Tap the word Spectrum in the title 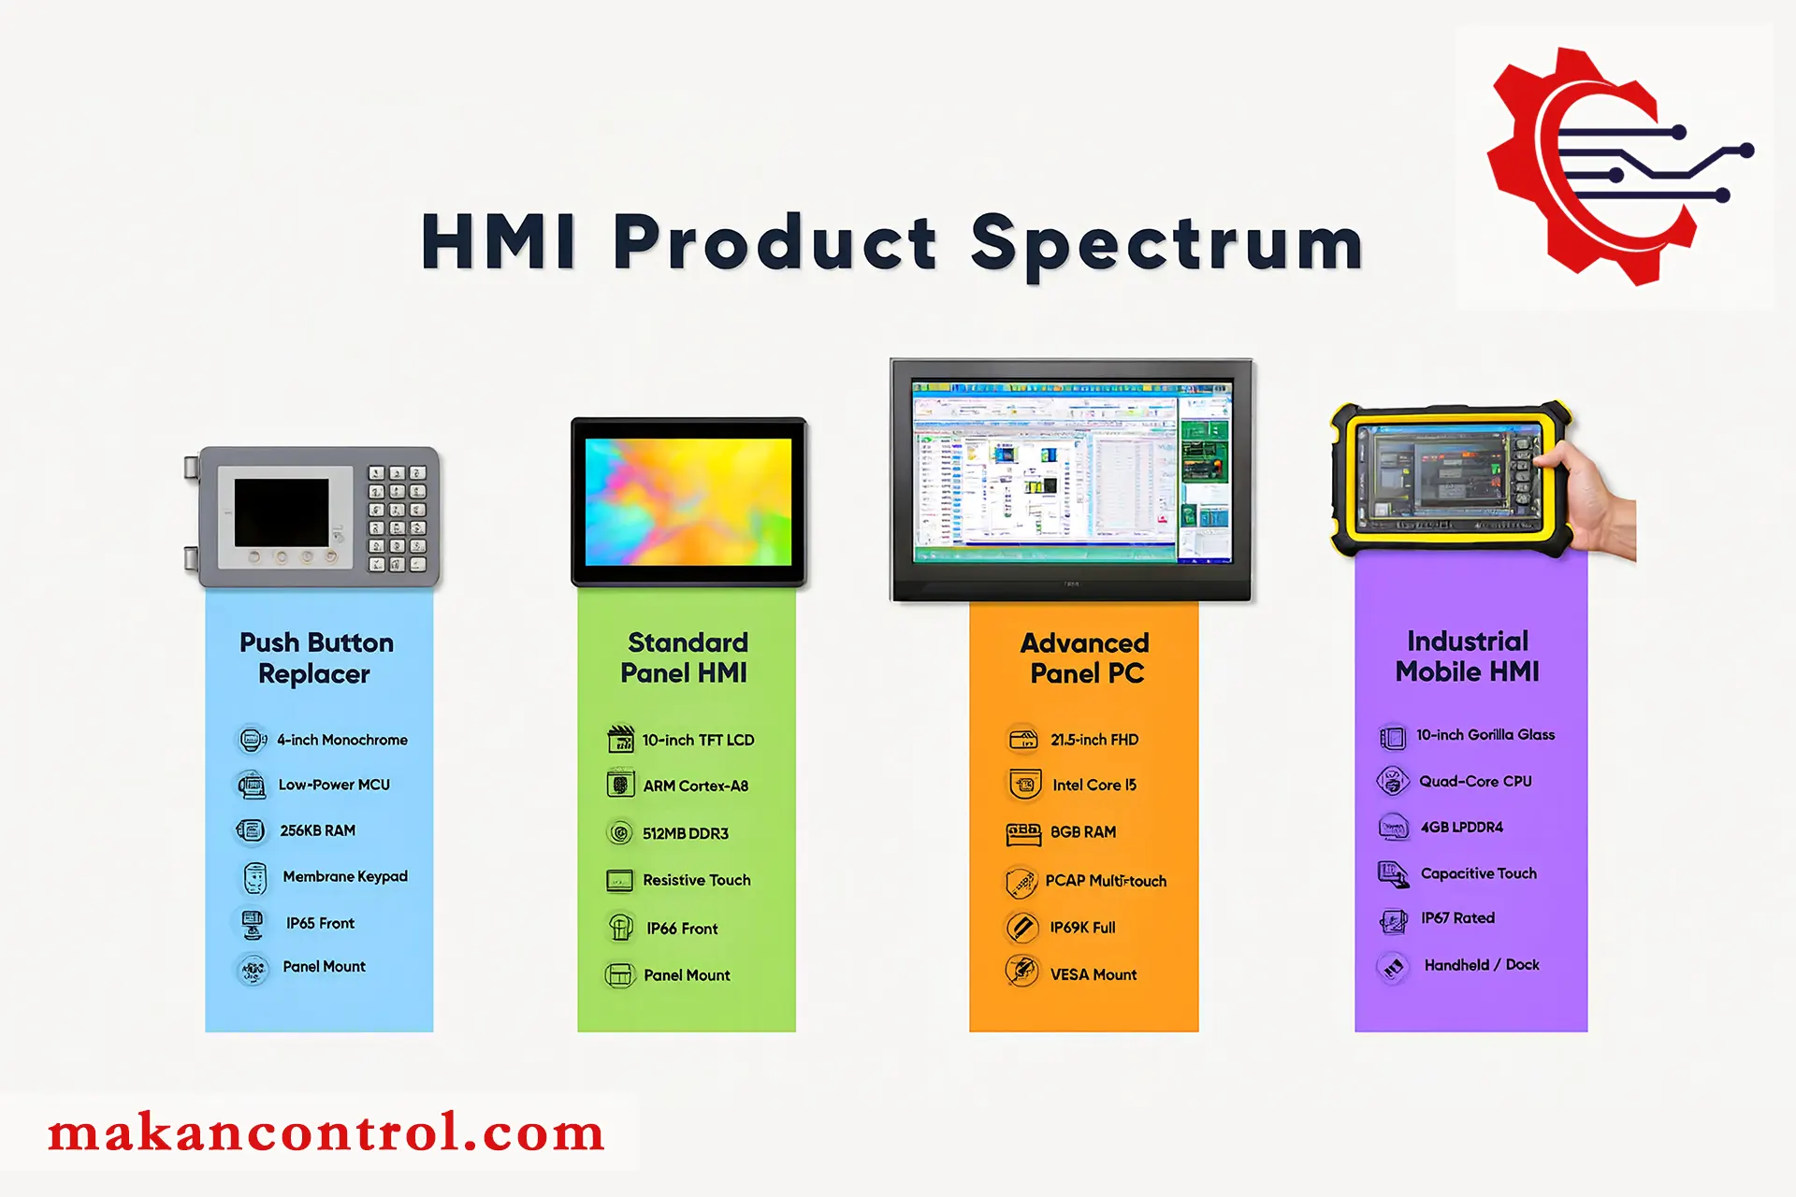tap(1167, 245)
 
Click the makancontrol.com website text tap(326, 1132)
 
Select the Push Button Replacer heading tap(316, 657)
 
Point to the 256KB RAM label tap(317, 830)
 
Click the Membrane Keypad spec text tap(345, 876)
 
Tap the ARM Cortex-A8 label tap(695, 786)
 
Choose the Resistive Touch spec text tap(696, 880)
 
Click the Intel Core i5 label tap(1094, 785)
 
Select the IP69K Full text tap(1082, 928)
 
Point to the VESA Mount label tap(1094, 974)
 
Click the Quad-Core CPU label tap(1475, 781)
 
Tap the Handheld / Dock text tap(1482, 965)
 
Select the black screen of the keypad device tap(282, 512)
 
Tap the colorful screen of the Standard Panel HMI tap(688, 501)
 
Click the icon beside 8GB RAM tap(1023, 832)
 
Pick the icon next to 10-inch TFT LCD tap(620, 739)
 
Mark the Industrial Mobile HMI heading tap(1467, 656)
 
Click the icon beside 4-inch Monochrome tap(252, 740)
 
